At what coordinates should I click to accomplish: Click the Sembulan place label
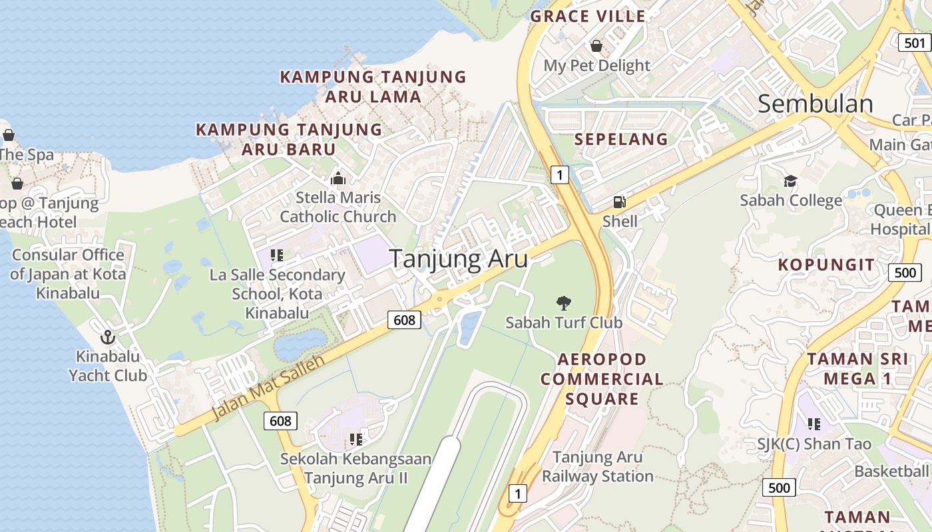pos(815,104)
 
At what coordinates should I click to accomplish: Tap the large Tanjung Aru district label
pos(458,259)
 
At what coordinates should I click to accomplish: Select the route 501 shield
pos(915,43)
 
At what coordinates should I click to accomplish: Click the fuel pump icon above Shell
pos(619,202)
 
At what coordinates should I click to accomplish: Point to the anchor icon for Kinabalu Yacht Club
pos(107,337)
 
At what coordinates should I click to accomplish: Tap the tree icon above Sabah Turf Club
pos(563,303)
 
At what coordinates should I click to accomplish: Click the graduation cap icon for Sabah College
pos(790,181)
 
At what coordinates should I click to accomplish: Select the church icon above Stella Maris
pos(338,178)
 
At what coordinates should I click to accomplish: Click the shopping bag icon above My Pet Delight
pos(596,45)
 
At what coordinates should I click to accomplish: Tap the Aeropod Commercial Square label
pos(602,379)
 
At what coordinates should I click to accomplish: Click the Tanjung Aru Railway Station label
pos(597,467)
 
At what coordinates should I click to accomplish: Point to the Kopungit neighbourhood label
pos(826,265)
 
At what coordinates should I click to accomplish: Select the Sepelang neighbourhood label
pos(620,139)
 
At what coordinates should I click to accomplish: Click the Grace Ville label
pos(588,17)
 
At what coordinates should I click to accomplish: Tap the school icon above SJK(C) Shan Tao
pos(814,423)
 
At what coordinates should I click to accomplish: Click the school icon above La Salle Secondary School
pos(277,255)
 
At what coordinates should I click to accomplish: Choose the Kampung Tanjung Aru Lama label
pos(373,86)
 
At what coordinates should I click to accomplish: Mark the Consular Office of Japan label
pos(68,273)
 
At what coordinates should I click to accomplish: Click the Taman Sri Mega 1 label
pos(857,369)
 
